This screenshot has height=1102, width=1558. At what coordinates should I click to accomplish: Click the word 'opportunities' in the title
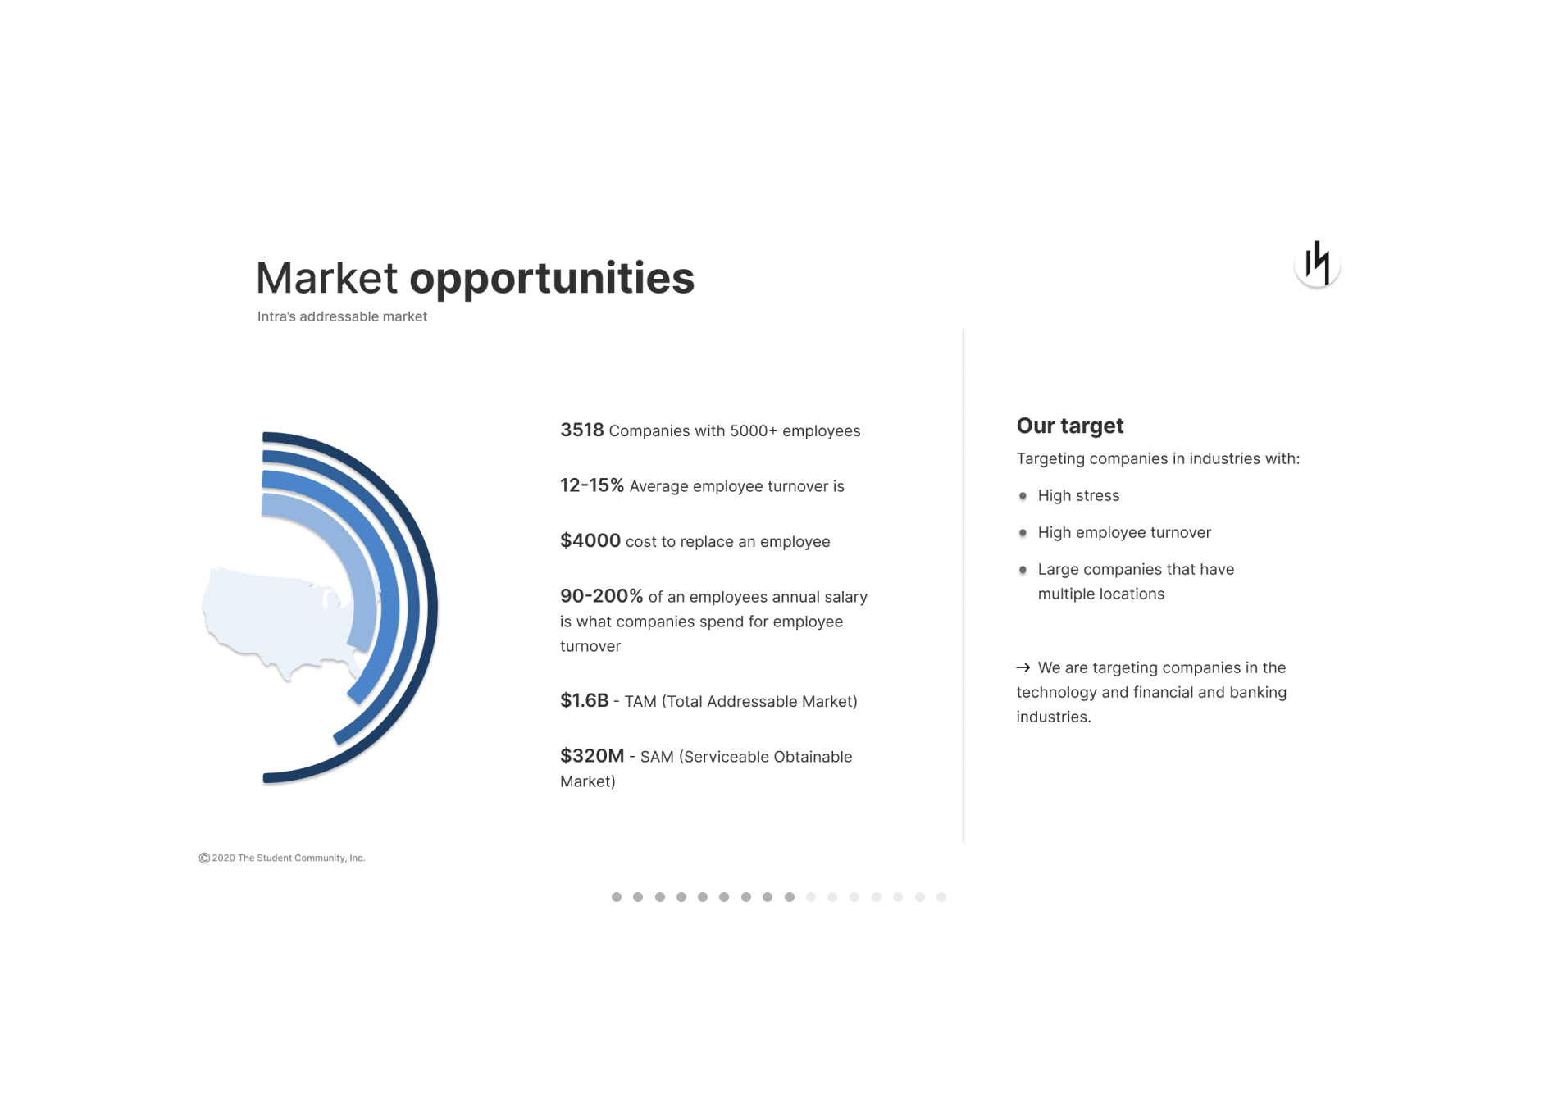[x=552, y=279]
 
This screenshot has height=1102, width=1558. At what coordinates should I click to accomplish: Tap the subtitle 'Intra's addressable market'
[x=342, y=316]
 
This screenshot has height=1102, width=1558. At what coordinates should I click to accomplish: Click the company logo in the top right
[x=1317, y=263]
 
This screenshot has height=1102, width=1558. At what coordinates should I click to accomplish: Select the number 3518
[x=582, y=430]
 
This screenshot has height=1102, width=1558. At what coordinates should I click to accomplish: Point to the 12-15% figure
[x=592, y=485]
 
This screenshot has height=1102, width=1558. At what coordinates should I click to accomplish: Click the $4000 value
[x=590, y=540]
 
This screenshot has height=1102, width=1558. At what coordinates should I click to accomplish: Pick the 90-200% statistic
[x=601, y=596]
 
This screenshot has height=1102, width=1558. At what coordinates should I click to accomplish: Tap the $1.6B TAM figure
[x=585, y=700]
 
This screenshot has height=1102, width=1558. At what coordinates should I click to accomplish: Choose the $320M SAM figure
[x=592, y=756]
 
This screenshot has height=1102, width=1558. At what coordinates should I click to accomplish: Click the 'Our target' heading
[x=1070, y=426]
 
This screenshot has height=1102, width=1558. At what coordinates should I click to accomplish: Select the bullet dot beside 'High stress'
[x=1023, y=496]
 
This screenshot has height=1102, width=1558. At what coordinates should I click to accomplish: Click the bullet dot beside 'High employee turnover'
[x=1023, y=533]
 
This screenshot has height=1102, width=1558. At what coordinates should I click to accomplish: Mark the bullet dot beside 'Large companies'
[x=1023, y=570]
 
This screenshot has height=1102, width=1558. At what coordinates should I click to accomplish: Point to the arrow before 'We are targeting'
[x=1023, y=667]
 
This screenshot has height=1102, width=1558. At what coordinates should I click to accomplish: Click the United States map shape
[x=271, y=615]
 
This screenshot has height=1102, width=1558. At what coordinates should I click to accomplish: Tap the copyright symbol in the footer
[x=204, y=858]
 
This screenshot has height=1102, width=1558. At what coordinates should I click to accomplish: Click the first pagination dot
[x=617, y=897]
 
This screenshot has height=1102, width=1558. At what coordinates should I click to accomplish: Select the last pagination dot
[x=941, y=897]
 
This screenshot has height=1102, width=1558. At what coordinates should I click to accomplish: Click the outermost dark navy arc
[x=432, y=608]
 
